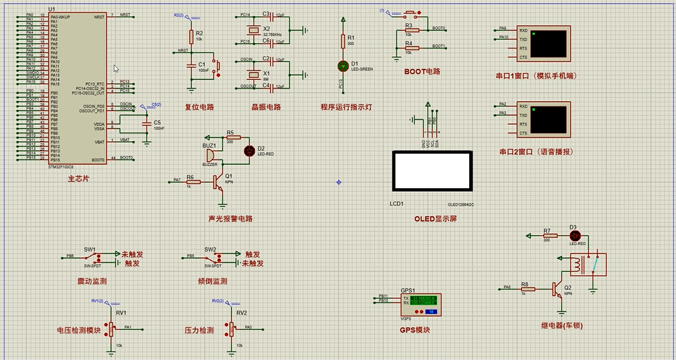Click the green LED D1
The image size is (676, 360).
point(343,66)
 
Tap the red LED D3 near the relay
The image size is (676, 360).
point(574,235)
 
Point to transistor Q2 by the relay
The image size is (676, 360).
point(556,289)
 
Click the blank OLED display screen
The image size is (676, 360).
point(432,171)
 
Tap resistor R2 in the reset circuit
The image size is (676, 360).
point(191,37)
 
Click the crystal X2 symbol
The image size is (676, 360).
point(254,30)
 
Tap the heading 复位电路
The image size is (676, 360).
point(199,107)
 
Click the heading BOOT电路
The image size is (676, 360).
point(422,72)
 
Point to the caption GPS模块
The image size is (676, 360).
point(414,330)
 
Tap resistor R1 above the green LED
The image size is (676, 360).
point(343,41)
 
